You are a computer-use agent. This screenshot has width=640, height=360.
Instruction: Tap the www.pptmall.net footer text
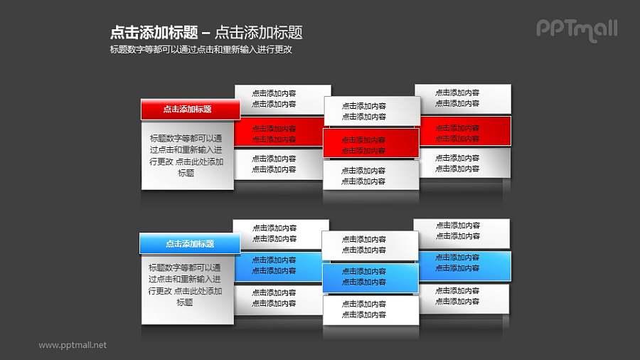(x=73, y=345)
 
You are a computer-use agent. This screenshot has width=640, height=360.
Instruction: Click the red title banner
(x=190, y=110)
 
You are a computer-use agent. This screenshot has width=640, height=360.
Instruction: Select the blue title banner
(x=190, y=244)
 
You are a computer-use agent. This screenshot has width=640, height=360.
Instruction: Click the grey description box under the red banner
(x=187, y=155)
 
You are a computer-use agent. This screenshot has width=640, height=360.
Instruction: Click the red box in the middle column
(x=371, y=144)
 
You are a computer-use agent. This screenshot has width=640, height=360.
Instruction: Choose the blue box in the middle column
(x=370, y=277)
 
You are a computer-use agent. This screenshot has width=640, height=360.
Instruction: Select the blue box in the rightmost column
(x=464, y=263)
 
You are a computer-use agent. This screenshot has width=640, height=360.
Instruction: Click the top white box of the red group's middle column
(x=371, y=112)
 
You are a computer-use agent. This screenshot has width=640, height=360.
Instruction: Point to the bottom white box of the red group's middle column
(x=371, y=175)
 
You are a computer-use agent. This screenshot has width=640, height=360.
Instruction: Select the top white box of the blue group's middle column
(x=370, y=245)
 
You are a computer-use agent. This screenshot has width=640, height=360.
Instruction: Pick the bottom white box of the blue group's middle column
(x=370, y=309)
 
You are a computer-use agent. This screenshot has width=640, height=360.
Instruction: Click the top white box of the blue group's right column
(x=463, y=231)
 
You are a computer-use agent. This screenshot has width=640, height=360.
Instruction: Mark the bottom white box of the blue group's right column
(x=463, y=297)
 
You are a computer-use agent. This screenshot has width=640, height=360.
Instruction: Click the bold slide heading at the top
(x=206, y=32)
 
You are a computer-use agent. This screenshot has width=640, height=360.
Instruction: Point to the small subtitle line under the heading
(x=201, y=50)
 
